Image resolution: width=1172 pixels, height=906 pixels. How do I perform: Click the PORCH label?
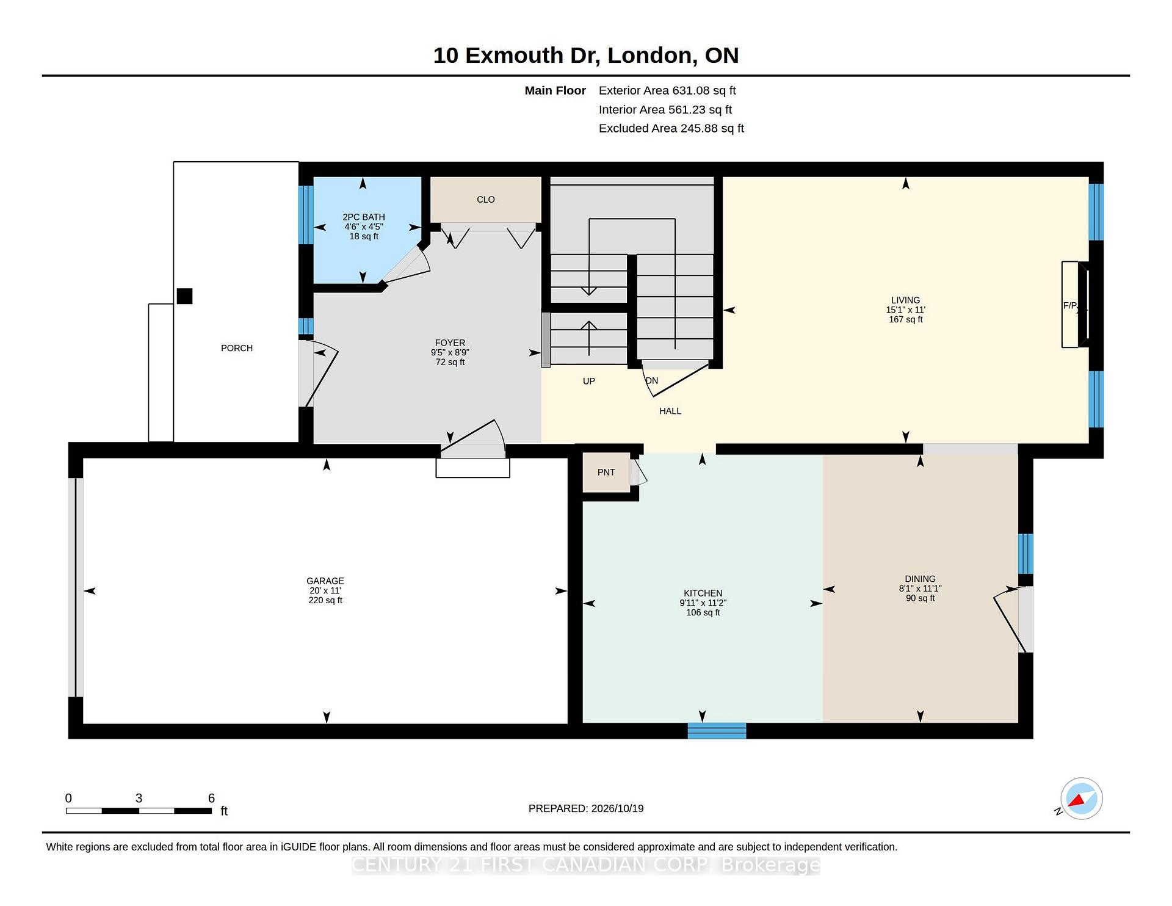tap(237, 348)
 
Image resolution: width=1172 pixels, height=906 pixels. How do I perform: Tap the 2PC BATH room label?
tap(364, 217)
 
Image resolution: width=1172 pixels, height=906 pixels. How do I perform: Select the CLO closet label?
tap(486, 200)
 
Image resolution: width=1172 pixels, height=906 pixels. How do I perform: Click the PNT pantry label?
tap(606, 472)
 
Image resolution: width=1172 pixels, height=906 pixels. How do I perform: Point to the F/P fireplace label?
tap(1071, 305)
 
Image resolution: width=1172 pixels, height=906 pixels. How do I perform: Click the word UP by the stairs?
tap(589, 381)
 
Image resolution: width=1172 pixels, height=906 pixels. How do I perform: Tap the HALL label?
tap(670, 411)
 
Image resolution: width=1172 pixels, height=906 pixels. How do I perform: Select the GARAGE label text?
tap(325, 581)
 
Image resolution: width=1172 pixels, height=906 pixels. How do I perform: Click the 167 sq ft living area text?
tap(906, 319)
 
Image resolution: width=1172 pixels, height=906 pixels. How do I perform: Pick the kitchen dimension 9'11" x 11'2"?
tap(703, 603)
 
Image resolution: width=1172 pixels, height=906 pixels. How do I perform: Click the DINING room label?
tap(921, 579)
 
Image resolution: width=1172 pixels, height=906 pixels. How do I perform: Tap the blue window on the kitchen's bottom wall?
tap(717, 731)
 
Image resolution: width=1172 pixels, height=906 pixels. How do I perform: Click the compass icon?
tap(1081, 799)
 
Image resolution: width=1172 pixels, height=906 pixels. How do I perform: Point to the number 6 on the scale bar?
tap(211, 798)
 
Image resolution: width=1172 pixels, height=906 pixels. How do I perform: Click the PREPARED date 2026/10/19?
tap(617, 808)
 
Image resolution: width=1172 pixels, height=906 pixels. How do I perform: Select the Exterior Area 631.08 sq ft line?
tap(667, 90)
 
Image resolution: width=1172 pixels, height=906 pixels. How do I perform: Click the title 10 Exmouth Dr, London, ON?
tap(586, 56)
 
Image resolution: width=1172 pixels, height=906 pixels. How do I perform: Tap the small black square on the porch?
tap(184, 296)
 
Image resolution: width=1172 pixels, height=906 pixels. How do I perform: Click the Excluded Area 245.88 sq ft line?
tap(671, 128)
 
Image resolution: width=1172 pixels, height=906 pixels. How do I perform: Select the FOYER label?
tap(450, 342)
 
